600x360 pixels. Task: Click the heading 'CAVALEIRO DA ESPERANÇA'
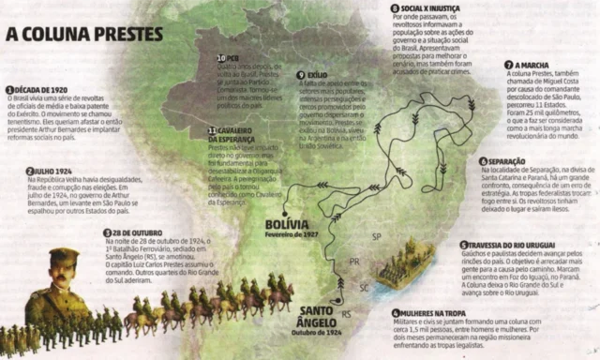pyautogui.click(x=243, y=135)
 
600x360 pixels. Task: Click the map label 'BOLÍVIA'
pyautogui.click(x=286, y=225)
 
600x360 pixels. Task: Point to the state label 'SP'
pyautogui.click(x=377, y=235)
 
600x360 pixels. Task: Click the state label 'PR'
pyautogui.click(x=353, y=262)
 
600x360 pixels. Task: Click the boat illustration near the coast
pyautogui.click(x=403, y=273)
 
